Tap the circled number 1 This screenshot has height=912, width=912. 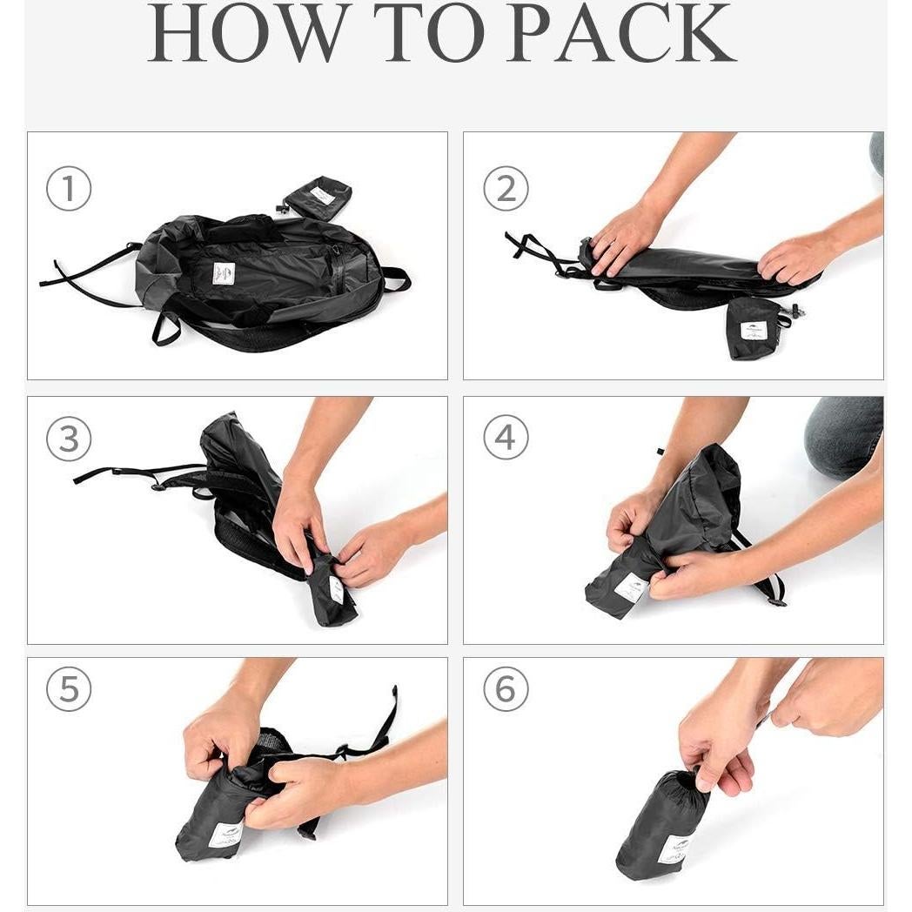point(69,189)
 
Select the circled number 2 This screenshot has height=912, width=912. point(506,189)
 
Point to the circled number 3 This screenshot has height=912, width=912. point(69,439)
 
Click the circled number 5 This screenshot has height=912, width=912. point(69,690)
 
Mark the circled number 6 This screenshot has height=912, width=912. point(506,690)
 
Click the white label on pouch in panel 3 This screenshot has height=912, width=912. point(336,589)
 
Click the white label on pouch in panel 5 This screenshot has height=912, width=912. point(225,835)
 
